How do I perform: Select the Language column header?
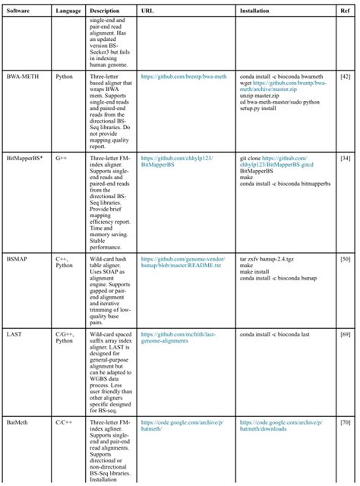(68, 11)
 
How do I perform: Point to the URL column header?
(147, 11)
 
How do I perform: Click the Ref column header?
(346, 11)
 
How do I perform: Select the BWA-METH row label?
(21, 77)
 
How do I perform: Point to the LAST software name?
(14, 333)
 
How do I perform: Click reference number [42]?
(346, 77)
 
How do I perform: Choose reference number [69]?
(346, 333)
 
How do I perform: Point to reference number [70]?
(346, 420)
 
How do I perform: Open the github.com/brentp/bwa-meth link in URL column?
(179, 77)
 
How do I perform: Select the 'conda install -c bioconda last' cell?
(277, 333)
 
